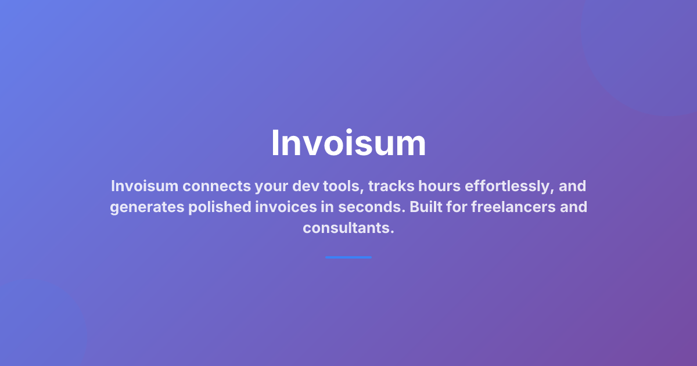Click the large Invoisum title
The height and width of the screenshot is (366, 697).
[348, 143]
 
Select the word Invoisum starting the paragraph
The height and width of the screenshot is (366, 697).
[143, 186]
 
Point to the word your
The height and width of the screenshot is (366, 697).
[271, 186]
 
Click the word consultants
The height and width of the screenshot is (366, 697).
[348, 228]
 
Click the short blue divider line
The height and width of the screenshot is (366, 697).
[348, 257]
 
